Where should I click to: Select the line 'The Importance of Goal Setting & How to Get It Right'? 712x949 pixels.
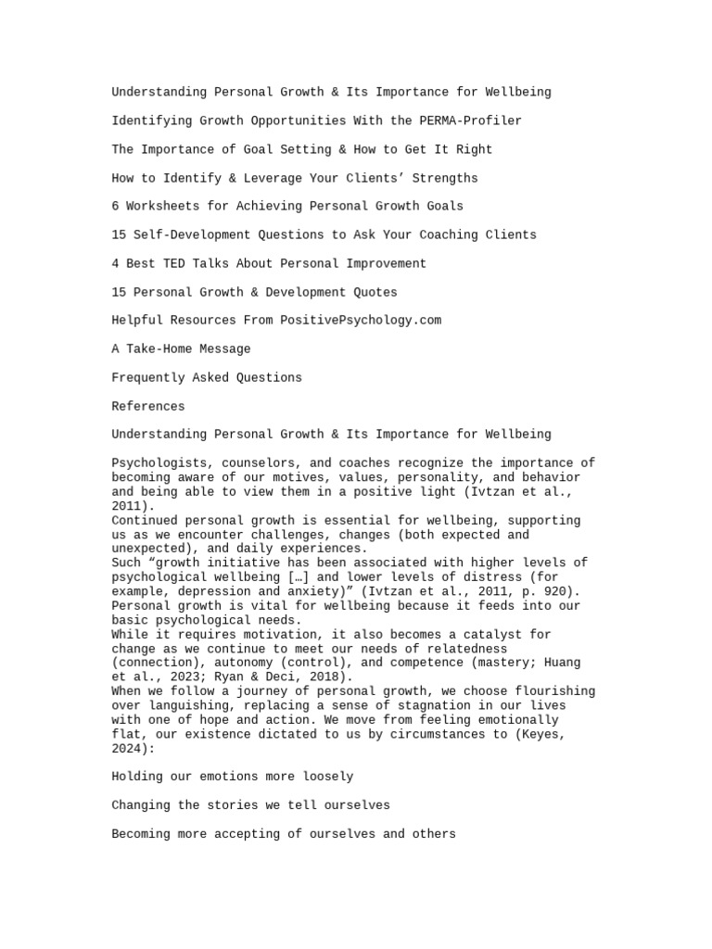point(301,149)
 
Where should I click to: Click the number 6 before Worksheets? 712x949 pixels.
point(115,206)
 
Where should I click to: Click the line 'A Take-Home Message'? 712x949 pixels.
point(181,348)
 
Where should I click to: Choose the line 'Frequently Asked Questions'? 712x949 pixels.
point(207,377)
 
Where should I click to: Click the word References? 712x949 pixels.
point(148,406)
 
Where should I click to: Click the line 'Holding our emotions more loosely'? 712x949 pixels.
point(232,777)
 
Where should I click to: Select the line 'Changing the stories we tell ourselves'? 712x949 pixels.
point(250,805)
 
